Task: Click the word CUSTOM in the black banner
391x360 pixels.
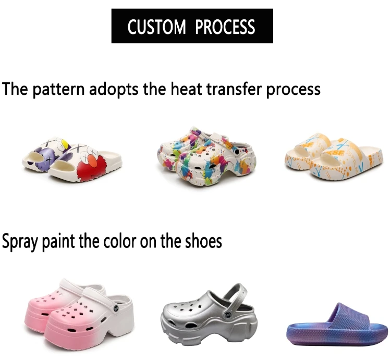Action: (156, 27)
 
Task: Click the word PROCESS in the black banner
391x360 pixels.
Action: (225, 27)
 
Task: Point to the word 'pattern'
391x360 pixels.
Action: (59, 90)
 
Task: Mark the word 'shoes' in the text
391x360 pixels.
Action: (203, 241)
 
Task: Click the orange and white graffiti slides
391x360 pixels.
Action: (334, 156)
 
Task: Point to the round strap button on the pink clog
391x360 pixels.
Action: (116, 309)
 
